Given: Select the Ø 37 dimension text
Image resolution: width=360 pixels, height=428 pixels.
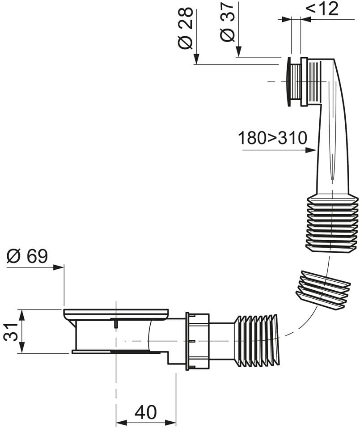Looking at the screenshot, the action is [x=227, y=22].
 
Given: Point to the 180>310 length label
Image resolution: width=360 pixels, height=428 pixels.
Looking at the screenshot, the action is [x=273, y=138].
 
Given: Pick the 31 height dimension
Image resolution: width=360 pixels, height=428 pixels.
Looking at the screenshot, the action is [x=11, y=332].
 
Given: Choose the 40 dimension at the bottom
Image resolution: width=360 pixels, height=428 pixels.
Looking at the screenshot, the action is [x=146, y=412].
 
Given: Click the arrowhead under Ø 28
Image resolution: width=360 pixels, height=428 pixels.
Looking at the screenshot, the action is [x=196, y=59].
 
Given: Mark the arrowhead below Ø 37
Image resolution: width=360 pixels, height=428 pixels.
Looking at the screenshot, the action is [x=238, y=52].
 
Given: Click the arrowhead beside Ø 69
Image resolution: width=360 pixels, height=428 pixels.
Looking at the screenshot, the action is [x=59, y=267].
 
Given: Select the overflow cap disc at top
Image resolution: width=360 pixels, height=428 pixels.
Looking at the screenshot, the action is [x=288, y=81].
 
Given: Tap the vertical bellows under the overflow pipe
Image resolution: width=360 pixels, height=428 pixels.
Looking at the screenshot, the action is [x=332, y=223].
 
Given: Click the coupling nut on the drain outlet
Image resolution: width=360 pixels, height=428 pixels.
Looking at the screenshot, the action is [x=197, y=341].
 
